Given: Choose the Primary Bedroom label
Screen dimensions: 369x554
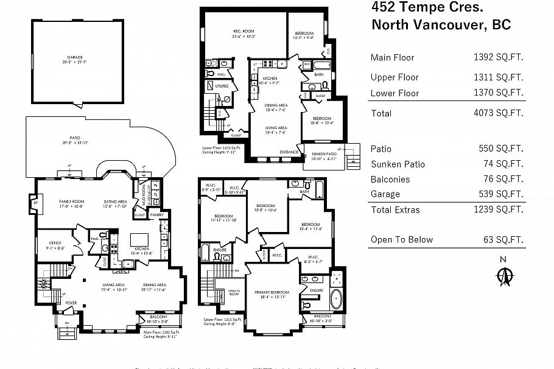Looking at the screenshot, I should (x=272, y=294).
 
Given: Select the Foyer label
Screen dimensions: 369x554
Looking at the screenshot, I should (x=71, y=301).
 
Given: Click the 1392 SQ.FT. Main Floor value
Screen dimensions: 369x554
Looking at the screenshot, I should (x=499, y=58).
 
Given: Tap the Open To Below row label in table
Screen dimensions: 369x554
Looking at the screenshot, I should (x=402, y=240).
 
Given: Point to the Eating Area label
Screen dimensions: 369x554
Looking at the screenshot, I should (x=115, y=202).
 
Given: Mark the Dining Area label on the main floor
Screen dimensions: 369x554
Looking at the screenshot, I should (x=154, y=287).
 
